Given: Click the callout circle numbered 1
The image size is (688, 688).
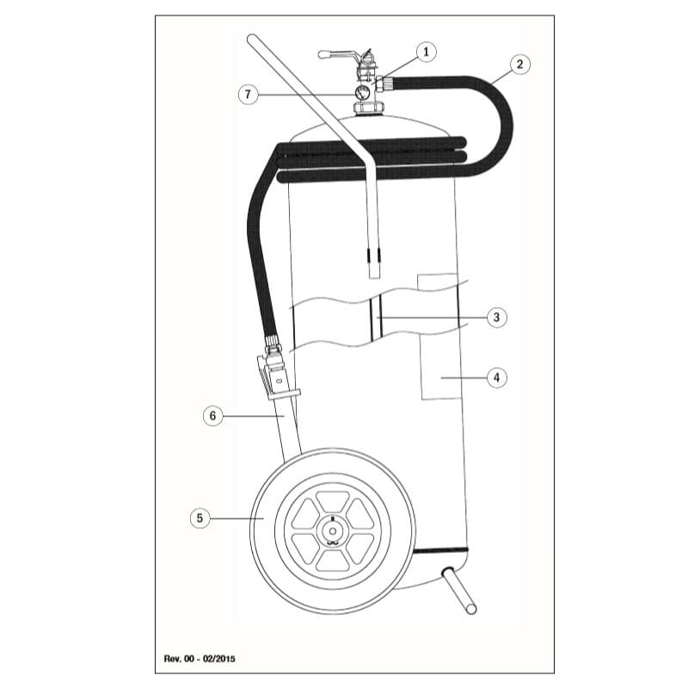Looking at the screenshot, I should pyautogui.click(x=424, y=52).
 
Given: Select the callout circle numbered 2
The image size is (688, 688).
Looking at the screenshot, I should pyautogui.click(x=519, y=64).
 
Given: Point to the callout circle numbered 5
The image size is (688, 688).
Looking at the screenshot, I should pyautogui.click(x=200, y=518).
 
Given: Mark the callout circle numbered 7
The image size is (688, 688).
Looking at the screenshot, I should pyautogui.click(x=249, y=94).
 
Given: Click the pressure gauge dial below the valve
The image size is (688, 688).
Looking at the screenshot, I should pyautogui.click(x=363, y=92).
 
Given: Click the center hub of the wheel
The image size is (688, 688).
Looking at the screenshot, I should pyautogui.click(x=333, y=531).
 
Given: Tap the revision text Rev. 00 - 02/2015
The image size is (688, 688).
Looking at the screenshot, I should pyautogui.click(x=200, y=659).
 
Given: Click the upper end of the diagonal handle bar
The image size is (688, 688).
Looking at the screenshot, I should pyautogui.click(x=253, y=40).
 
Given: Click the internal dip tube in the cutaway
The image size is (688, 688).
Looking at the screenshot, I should pyautogui.click(x=376, y=318).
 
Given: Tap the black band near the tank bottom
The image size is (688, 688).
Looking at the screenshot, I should pyautogui.click(x=439, y=548).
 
